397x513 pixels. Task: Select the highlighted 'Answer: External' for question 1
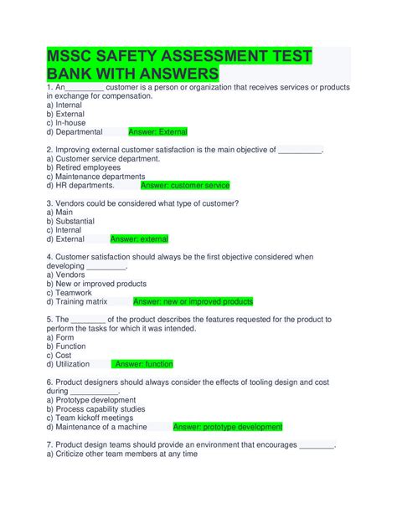[157, 132]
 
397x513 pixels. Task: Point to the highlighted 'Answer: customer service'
[185, 186]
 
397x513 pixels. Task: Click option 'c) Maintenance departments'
[95, 177]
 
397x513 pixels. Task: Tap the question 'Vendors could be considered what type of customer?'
[143, 203]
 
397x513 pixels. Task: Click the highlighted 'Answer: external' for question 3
[139, 239]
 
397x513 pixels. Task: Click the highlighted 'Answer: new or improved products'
[193, 302]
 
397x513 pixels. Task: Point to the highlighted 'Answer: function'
[144, 365]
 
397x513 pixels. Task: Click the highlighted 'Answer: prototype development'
[228, 427]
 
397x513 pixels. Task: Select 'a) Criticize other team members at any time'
[122, 454]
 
